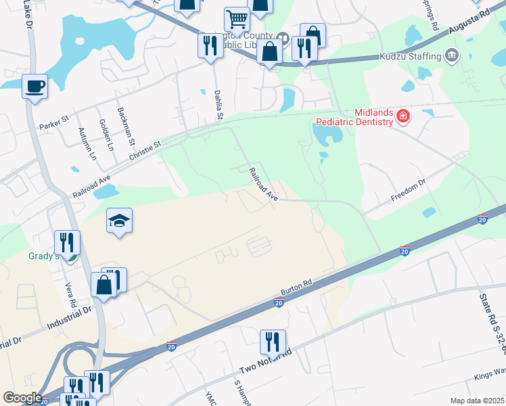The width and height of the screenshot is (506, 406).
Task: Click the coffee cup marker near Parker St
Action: coord(34,87)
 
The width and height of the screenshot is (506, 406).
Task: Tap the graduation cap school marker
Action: coord(119,221)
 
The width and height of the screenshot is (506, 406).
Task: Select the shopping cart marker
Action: coord(237,20)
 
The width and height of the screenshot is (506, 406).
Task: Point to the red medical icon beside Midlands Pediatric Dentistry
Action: coord(403,116)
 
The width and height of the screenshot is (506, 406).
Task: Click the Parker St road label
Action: coord(55,125)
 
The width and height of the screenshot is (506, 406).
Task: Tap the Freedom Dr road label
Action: coord(408,191)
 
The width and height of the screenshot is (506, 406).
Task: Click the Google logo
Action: coord(22,398)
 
